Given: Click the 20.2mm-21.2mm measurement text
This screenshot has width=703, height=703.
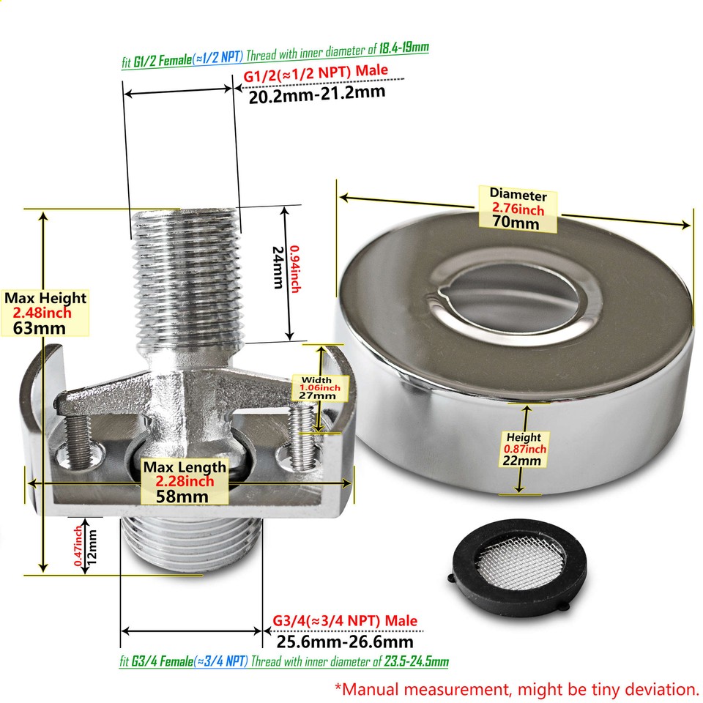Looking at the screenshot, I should coord(317,94).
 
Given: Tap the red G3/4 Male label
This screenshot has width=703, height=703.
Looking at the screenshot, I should coord(344,621).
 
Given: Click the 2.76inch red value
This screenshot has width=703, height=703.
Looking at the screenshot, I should coord(518,209).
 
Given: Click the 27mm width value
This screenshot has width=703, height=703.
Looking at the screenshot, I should coord(316,395).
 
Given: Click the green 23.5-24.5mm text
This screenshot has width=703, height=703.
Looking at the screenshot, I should coord(416,662).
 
